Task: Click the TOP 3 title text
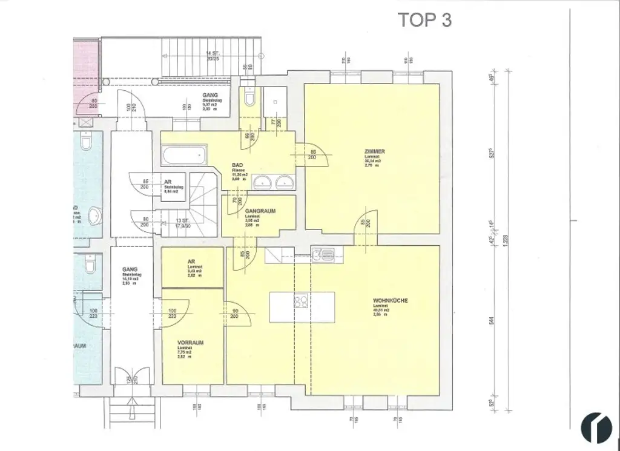tap(424, 19)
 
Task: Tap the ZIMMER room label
tap(375, 151)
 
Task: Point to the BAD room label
tap(238, 165)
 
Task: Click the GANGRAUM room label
tap(260, 211)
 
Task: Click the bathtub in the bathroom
tap(184, 156)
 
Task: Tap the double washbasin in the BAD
tap(273, 182)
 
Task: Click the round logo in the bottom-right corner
tap(596, 427)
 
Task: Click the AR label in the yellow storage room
tap(191, 262)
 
